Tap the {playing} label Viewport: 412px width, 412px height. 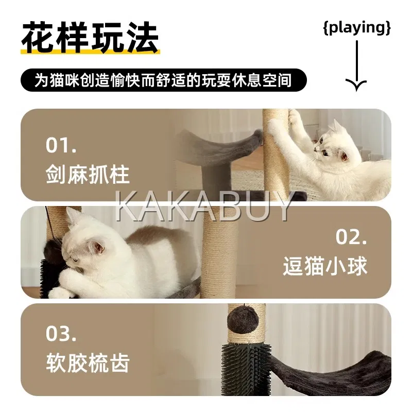357,28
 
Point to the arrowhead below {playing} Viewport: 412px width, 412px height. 356,84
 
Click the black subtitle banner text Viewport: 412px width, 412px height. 163,80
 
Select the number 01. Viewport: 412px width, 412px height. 61,145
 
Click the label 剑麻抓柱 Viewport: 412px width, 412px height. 88,175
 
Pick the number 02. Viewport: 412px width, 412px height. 351,237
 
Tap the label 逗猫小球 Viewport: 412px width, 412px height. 325,266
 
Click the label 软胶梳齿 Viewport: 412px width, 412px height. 88,363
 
